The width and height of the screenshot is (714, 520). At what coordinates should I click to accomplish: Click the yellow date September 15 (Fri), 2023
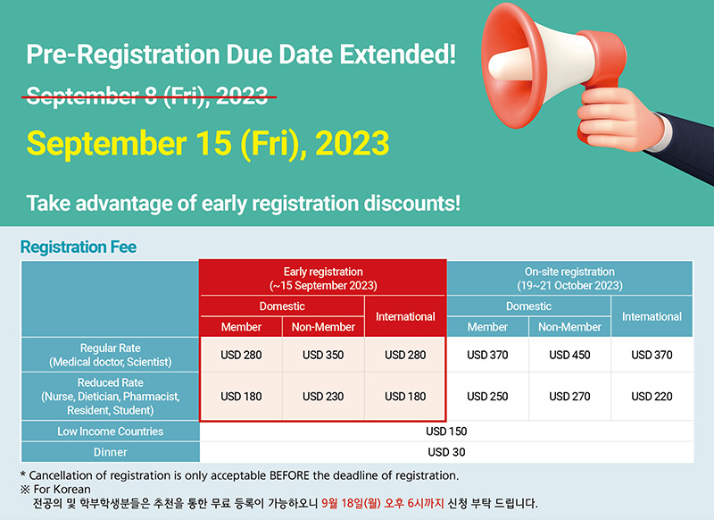208,144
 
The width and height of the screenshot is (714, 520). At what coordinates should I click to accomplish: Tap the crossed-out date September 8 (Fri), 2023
147,96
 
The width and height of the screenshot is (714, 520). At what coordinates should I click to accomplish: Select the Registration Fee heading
79,247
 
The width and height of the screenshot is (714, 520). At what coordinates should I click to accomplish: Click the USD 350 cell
323,355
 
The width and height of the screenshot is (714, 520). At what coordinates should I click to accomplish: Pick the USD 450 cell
569,355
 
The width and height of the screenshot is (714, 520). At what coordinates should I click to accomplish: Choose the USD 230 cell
323,397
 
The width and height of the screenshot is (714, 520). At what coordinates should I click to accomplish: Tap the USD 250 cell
487,397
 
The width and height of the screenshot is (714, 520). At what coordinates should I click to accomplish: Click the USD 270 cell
569,397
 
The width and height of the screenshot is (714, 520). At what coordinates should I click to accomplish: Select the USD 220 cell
652,397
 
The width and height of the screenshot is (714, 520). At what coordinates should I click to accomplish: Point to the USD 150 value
446,432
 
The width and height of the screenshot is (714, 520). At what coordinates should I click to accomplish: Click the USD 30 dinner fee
446,452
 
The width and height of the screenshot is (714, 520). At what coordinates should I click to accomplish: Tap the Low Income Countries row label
110,432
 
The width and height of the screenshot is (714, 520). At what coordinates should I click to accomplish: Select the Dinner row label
110,452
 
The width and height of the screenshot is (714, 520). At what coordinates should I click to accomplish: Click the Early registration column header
323,279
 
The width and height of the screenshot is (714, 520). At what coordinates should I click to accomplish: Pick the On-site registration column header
569,279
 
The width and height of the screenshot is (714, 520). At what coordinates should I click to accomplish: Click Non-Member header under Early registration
323,327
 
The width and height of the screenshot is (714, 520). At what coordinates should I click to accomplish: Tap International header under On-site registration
652,317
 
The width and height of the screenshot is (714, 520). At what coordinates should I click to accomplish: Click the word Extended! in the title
397,55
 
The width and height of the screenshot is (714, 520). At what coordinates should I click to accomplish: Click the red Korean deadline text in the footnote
383,503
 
